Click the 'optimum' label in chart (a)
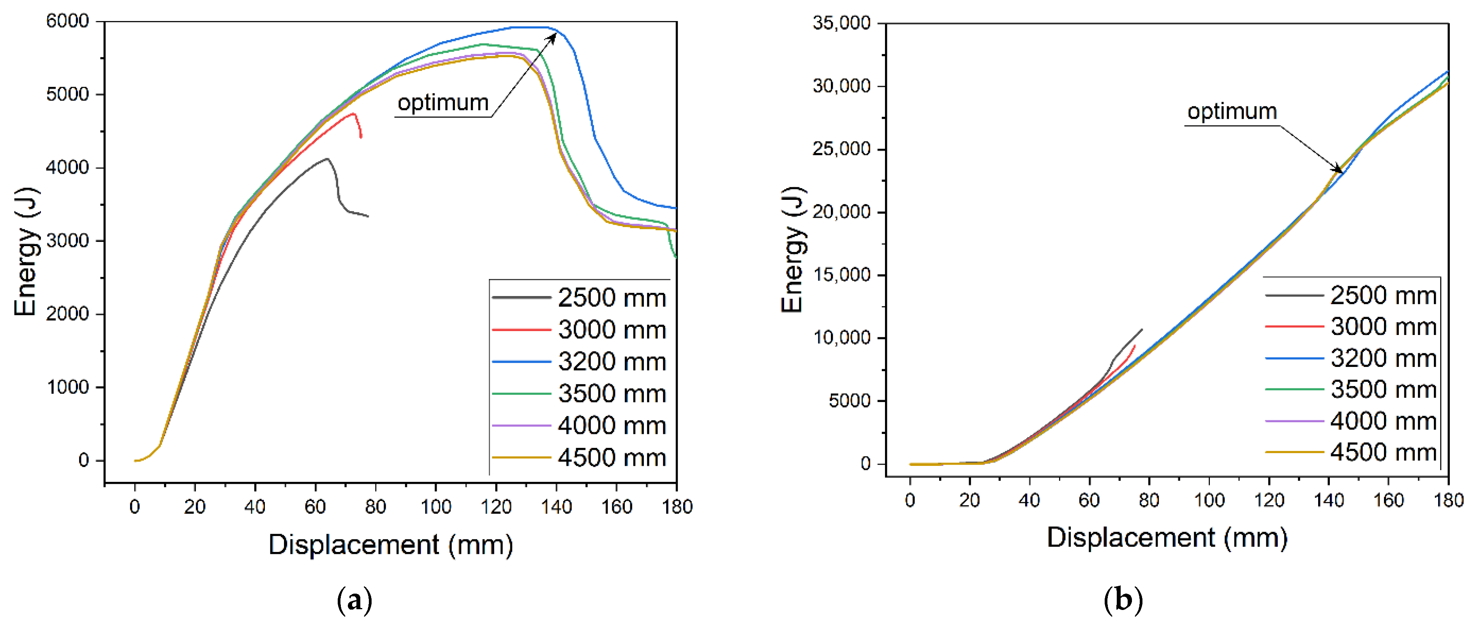pos(443,103)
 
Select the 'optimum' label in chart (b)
pos(1232,111)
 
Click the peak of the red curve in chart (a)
pos(354,114)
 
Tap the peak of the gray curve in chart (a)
pos(328,159)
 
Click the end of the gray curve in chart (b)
pos(1142,330)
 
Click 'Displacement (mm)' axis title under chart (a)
pos(391,545)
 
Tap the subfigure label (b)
pos(1123,600)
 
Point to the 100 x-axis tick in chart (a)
pos(436,506)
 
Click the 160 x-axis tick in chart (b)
pos(1389,501)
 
